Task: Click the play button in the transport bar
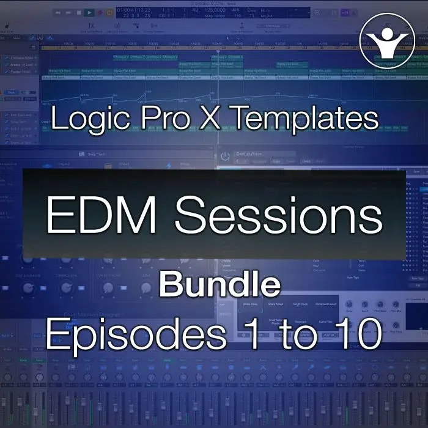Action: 89,12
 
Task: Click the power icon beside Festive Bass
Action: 226,157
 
